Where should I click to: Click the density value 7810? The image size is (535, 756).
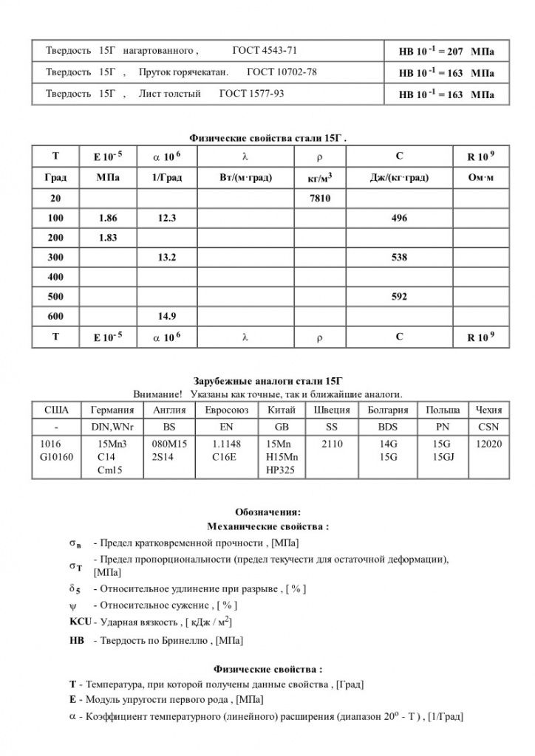click(x=320, y=199)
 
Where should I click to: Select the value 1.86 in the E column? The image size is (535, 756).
click(x=108, y=219)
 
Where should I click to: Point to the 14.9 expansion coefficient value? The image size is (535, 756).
click(x=167, y=316)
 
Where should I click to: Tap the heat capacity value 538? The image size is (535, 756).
click(x=399, y=258)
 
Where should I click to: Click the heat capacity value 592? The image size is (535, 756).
click(x=399, y=297)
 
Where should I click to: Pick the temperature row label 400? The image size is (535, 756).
click(x=56, y=278)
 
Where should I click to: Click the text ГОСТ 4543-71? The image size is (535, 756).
click(x=265, y=52)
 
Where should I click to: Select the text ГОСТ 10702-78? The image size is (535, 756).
click(x=282, y=73)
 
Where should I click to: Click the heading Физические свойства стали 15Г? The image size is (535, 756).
click(x=267, y=137)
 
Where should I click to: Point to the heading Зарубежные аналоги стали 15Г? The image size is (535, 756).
click(x=267, y=381)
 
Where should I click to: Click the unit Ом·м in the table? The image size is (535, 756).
click(x=481, y=178)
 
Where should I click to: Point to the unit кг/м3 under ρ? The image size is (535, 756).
click(x=319, y=178)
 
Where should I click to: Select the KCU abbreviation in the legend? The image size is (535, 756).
click(x=80, y=622)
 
